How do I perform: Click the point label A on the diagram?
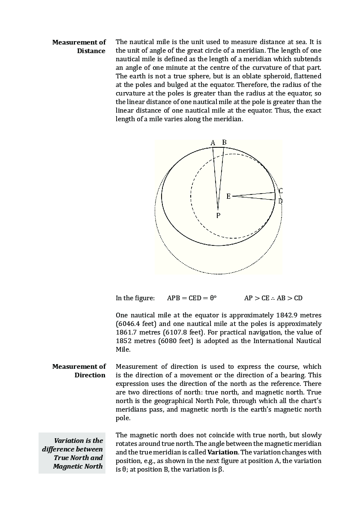tap(213, 143)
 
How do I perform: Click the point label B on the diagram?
tap(224, 142)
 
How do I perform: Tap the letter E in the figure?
tap(228, 196)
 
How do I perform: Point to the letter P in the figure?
tap(218, 216)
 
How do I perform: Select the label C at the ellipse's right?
tap(280, 191)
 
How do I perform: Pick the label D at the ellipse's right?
tap(280, 201)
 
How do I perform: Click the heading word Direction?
tap(90, 375)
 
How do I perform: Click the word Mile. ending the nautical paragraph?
tap(123, 350)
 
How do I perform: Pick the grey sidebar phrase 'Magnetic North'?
tap(78, 466)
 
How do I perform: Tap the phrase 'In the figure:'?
tap(135, 298)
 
